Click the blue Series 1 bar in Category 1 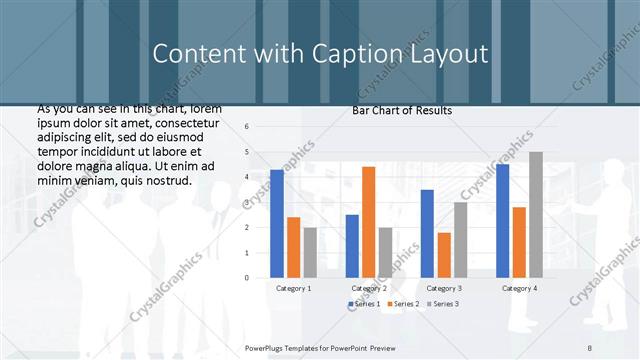click(277, 223)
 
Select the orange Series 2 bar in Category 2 click(368, 221)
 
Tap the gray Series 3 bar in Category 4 click(536, 214)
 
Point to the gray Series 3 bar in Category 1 click(310, 252)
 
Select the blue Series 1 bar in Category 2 click(352, 245)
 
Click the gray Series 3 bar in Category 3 click(460, 239)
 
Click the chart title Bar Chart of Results click(402, 110)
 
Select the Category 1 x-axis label click(293, 288)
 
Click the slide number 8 click(589, 346)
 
